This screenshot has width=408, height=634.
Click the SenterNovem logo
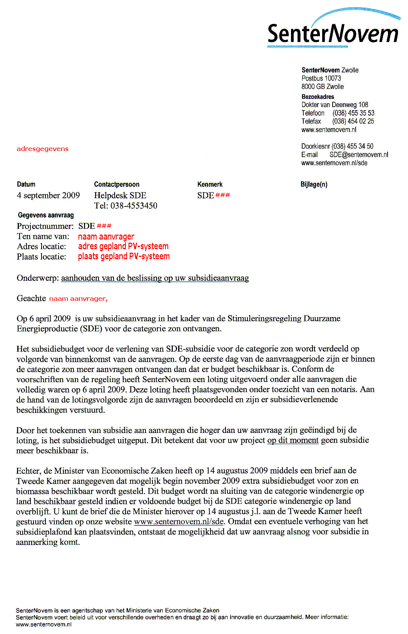pos(333,33)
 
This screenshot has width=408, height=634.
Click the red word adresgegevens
pos(42,149)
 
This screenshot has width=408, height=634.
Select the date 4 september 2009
pos(48,195)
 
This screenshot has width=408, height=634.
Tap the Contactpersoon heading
pos(117,184)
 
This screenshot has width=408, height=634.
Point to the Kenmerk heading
pos(210,184)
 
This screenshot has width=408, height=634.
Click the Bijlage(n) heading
pos(314,184)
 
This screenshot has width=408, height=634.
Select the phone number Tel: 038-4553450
pos(125,206)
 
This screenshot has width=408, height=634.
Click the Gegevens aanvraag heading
pos(46,215)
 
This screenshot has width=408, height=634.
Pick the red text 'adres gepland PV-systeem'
pos(123,246)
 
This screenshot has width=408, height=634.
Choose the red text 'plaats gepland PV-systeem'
pos(124,256)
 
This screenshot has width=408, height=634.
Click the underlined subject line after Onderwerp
pos(155,278)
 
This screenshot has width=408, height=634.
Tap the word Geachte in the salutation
pos(31,298)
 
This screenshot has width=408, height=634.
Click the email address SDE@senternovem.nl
pos(359,154)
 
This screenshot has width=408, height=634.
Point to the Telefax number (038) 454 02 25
pos(353,121)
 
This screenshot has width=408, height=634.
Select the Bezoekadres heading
pos(318,97)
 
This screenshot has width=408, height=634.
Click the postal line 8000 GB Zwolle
pos(323,87)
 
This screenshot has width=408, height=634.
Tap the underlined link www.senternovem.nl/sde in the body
pos(179,522)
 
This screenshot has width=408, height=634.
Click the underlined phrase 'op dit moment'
pos(293,440)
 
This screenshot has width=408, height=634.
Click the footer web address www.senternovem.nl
pos(43,624)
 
